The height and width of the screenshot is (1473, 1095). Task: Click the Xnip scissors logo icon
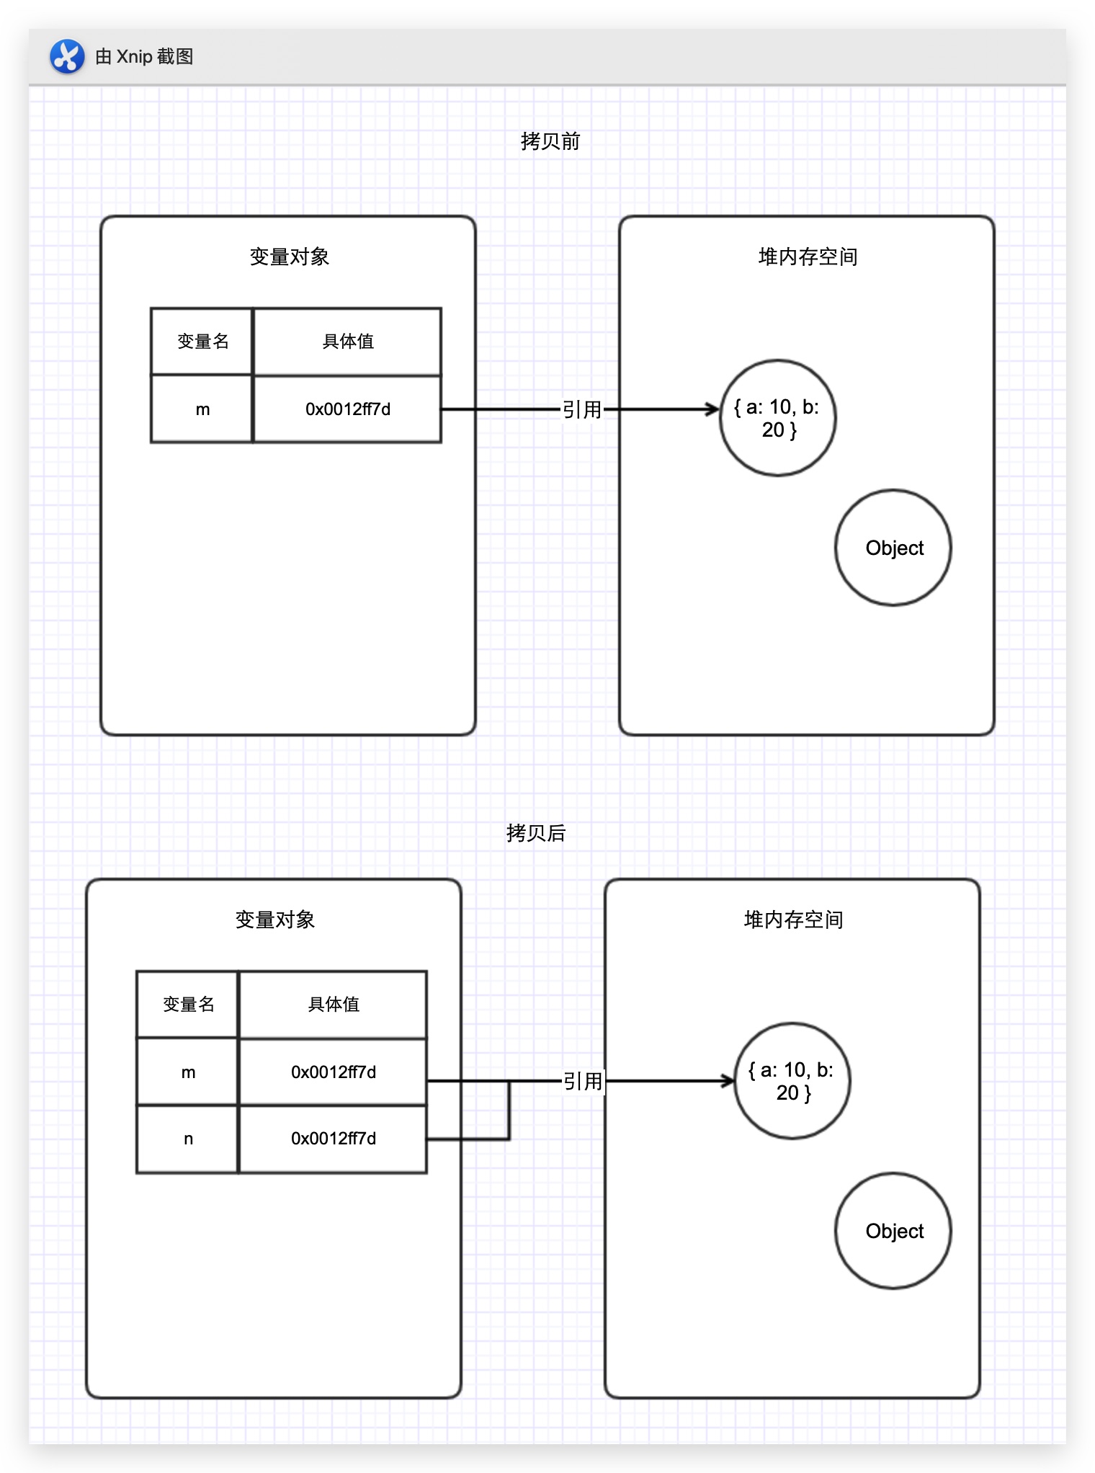coord(67,56)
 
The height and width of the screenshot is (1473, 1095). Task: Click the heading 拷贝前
coord(550,141)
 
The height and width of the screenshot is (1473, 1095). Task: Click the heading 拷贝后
coord(536,833)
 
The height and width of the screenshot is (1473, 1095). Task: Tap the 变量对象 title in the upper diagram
coord(289,257)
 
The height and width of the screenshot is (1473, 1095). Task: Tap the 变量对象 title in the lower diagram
coord(274,920)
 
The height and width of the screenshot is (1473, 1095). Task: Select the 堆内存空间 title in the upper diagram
coord(808,257)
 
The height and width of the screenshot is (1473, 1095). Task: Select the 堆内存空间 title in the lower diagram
coord(793,920)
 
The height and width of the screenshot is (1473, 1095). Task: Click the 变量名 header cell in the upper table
coord(202,342)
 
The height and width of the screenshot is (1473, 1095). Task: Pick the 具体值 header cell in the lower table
coord(333,1005)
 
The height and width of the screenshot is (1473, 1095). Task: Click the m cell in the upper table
coord(202,409)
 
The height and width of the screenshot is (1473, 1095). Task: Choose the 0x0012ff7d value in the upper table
coord(347,409)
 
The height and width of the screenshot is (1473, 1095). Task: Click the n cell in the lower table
coord(188,1139)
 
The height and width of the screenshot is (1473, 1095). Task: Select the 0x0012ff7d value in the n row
coord(333,1139)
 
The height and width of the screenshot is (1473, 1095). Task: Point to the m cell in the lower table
coord(188,1072)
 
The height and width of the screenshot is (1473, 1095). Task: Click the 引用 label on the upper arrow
coord(582,409)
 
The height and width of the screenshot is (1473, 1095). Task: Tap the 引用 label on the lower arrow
coord(582,1081)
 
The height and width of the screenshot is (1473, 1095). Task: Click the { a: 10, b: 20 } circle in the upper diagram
coord(778,418)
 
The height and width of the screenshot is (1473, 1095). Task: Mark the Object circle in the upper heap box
coord(893,548)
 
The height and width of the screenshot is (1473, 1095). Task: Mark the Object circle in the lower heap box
coord(893,1231)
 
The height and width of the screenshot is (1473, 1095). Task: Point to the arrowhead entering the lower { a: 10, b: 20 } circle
coord(728,1081)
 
